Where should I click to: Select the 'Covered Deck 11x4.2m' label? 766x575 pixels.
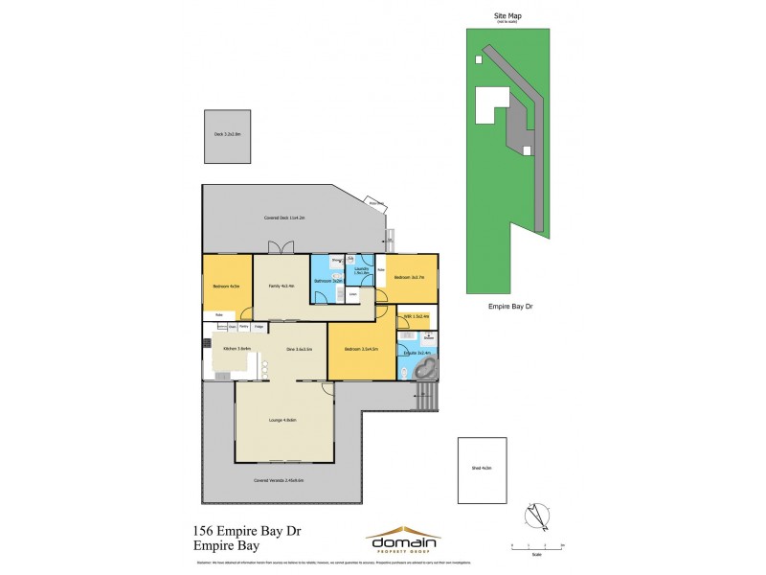(x=284, y=218)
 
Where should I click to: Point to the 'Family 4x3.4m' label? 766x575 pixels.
(x=282, y=286)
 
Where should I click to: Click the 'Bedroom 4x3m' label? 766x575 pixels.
(x=226, y=286)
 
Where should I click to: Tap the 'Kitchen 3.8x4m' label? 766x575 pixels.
(x=237, y=349)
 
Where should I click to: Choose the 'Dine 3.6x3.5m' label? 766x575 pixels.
(x=300, y=349)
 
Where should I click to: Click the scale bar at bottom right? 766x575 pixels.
(x=537, y=545)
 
